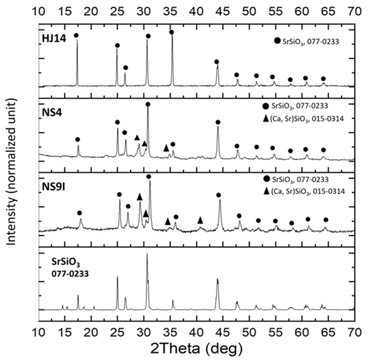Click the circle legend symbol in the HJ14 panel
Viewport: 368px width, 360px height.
coord(276,41)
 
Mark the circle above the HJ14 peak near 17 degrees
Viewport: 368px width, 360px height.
coord(76,35)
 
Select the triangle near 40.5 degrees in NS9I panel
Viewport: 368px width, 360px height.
coord(200,219)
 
